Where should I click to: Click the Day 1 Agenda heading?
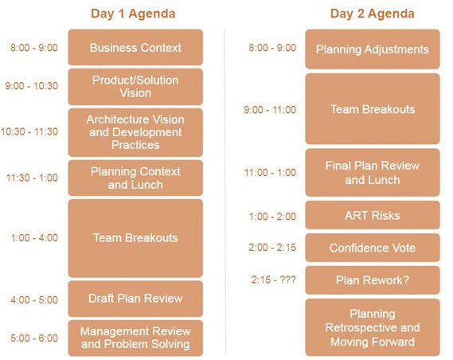click(133, 14)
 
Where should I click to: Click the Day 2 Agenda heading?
click(373, 14)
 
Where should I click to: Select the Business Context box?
click(135, 47)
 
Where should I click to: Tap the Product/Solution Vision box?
click(135, 87)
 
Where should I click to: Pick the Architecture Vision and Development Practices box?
click(135, 132)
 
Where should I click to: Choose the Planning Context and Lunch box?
click(135, 178)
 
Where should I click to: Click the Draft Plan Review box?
click(135, 299)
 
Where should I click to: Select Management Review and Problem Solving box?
click(135, 338)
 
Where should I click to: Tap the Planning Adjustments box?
click(373, 49)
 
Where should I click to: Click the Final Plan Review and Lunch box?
click(373, 173)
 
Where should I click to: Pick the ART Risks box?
click(373, 215)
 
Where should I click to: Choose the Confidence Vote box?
click(373, 248)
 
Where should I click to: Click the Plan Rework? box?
click(373, 280)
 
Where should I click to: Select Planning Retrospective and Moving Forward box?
click(373, 327)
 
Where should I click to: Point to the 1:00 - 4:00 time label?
click(34, 238)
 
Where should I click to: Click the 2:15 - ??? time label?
click(274, 280)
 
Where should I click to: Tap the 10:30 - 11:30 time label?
click(29, 131)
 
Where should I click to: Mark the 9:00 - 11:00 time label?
click(270, 110)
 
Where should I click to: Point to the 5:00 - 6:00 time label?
click(34, 338)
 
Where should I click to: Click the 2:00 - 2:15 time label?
click(272, 248)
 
